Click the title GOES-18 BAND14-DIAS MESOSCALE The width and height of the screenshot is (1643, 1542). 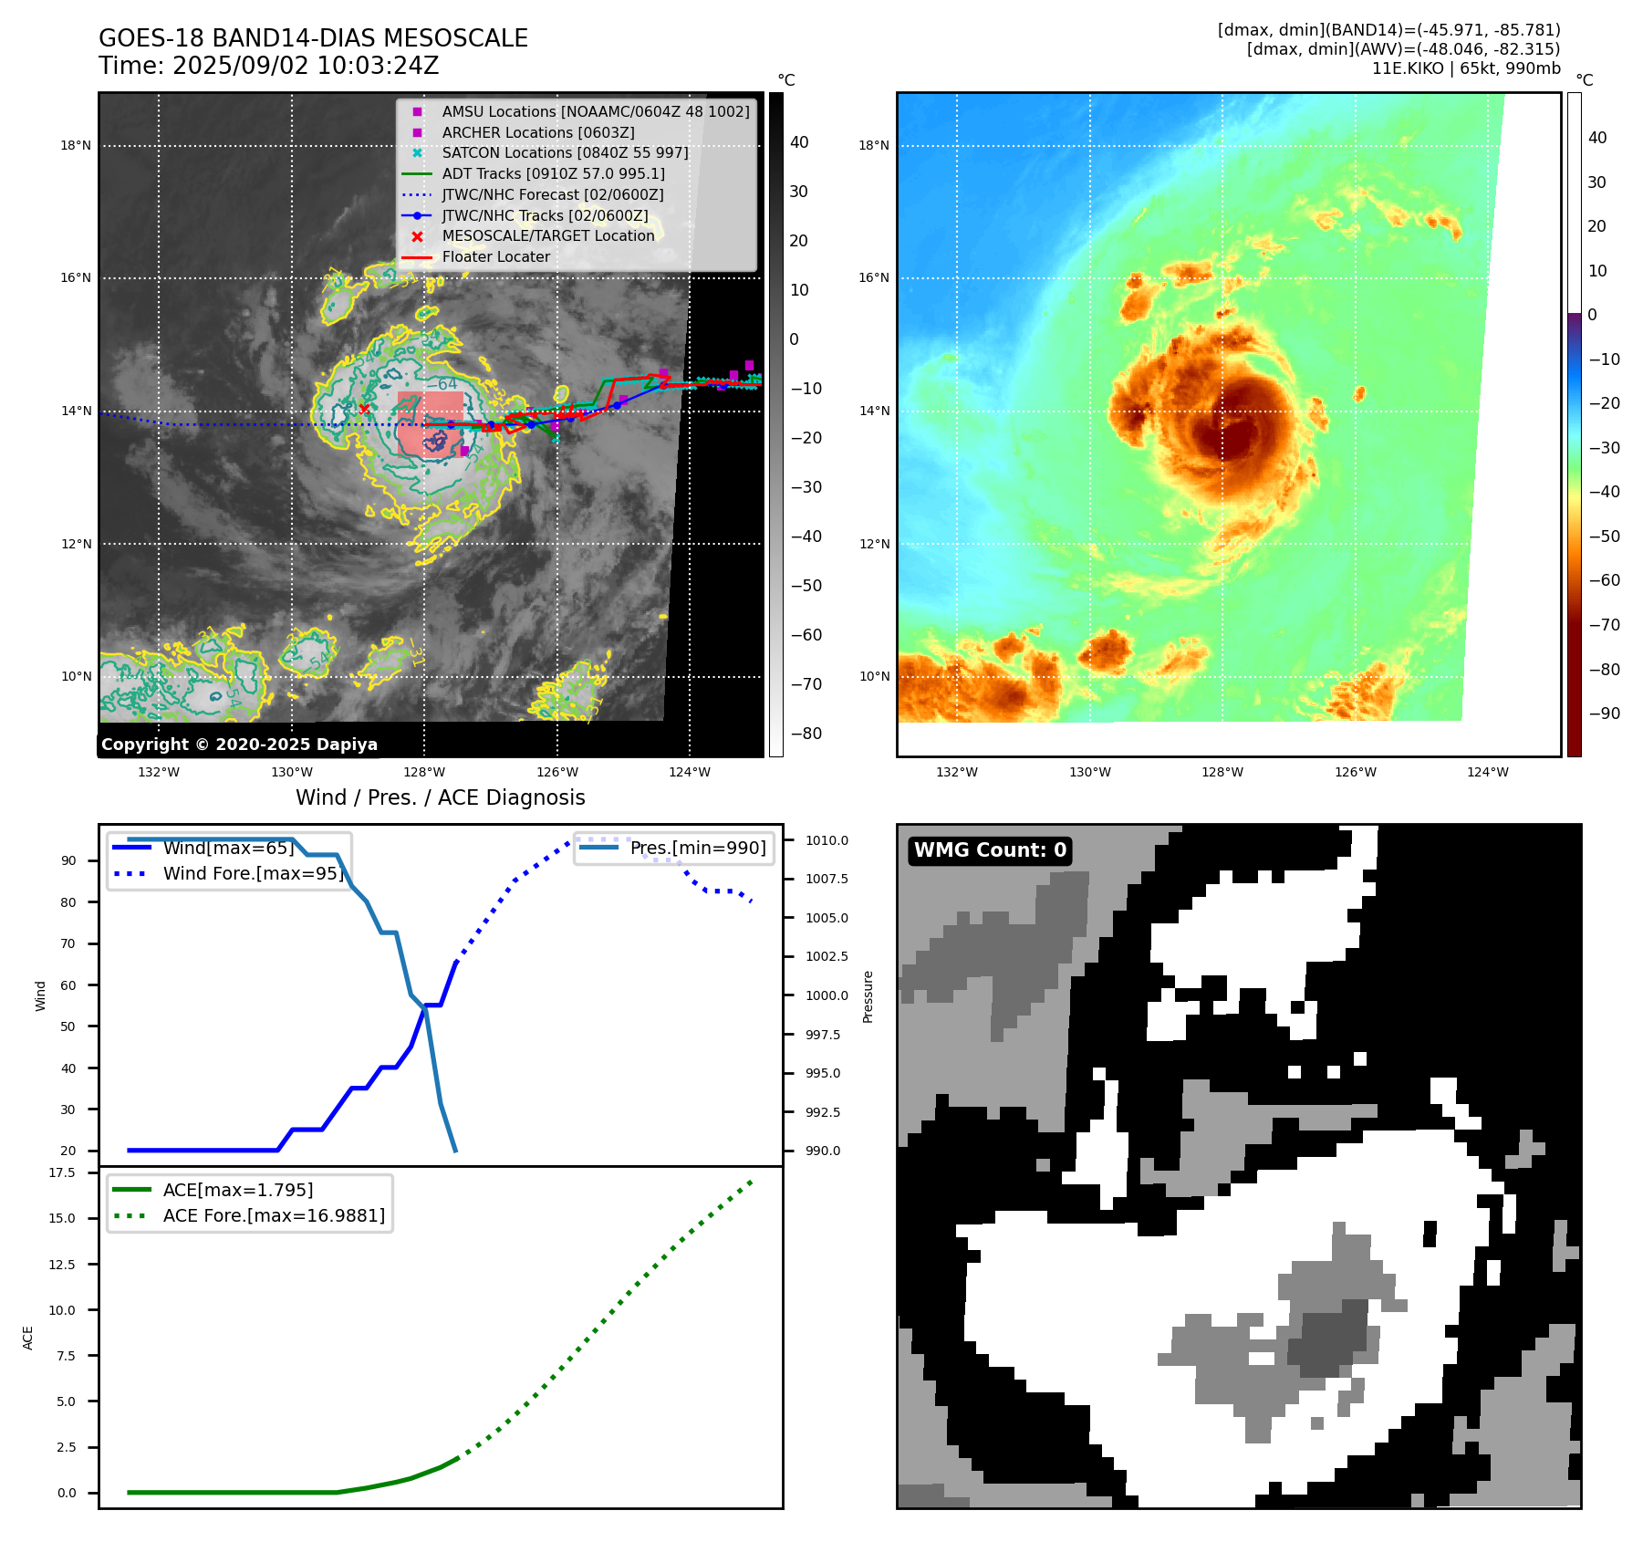coord(313,38)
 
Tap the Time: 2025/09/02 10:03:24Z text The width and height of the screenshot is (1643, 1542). coord(269,66)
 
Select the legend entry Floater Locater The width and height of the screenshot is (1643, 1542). coord(495,257)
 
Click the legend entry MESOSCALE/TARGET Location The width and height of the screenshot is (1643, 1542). coord(547,236)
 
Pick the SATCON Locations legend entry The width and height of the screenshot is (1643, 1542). coord(565,153)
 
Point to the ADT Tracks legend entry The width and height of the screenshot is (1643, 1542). coord(553,174)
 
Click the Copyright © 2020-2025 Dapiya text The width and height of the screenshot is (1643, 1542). coord(239,745)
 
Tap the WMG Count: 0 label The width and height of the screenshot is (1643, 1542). coord(990,850)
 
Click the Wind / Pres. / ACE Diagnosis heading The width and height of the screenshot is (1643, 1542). coord(440,797)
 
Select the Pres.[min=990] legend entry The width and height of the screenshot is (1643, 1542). coord(698,849)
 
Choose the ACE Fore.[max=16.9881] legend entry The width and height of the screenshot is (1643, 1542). coord(274,1216)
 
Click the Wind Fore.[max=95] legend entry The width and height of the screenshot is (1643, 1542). coord(253,874)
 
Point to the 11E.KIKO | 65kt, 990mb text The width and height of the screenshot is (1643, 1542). coord(1465,68)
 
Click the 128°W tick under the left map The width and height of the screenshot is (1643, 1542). coord(424,773)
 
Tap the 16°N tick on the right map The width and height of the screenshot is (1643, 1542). coord(873,278)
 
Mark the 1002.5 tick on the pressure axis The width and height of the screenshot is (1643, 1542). coord(827,957)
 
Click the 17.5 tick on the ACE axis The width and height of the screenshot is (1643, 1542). coord(62,1173)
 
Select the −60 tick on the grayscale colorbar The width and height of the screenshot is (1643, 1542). coord(806,635)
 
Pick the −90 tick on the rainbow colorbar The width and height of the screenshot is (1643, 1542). coord(1604,714)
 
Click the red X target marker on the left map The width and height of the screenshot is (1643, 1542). coord(364,409)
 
